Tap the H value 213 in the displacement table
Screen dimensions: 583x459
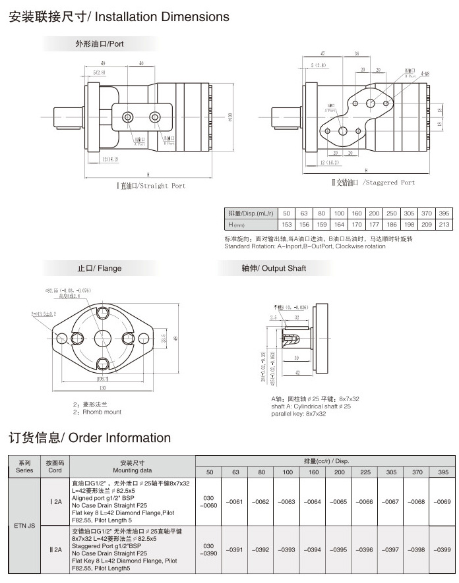click(x=444, y=225)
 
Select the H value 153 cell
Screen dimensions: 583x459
click(x=286, y=225)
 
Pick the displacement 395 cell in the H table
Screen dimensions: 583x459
click(x=444, y=213)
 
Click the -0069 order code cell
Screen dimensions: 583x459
click(x=442, y=502)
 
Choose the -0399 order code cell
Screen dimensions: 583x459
click(x=442, y=549)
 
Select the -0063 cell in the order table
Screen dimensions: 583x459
click(x=287, y=502)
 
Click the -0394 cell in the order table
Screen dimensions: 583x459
click(x=313, y=549)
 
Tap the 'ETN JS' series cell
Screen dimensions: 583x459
click(x=24, y=526)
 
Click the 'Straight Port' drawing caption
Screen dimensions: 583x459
click(x=161, y=186)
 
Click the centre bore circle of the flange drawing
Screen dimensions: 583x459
click(x=102, y=339)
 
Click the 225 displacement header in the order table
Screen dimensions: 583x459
click(x=364, y=472)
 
